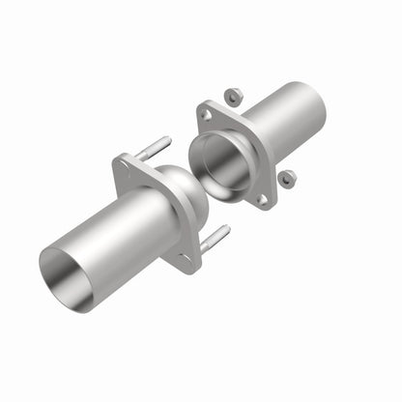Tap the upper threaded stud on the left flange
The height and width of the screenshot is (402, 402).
click(x=154, y=149)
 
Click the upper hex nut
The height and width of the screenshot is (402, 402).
click(x=233, y=96)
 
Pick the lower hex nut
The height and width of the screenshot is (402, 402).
click(x=286, y=179)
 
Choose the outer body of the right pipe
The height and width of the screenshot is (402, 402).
click(x=280, y=120)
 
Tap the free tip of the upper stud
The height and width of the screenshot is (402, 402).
click(x=168, y=140)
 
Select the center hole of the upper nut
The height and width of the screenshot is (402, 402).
click(x=233, y=96)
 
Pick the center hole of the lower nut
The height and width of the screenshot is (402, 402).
click(x=286, y=179)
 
